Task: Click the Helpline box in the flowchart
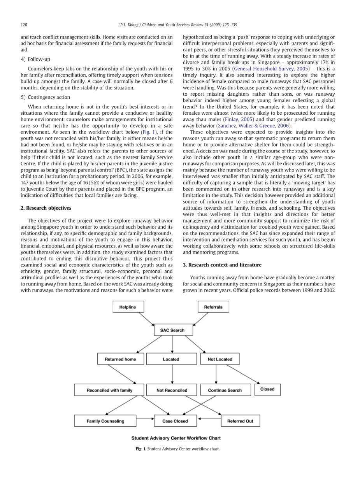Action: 128,307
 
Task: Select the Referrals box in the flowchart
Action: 213,307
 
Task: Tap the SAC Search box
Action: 172,330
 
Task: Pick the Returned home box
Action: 120,359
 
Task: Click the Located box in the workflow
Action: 171,359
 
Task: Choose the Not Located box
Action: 220,359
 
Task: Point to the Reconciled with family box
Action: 109,390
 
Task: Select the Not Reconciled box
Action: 171,390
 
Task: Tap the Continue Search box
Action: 225,390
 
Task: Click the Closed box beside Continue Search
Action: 267,389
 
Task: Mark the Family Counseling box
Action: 105,421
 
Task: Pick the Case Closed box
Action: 175,421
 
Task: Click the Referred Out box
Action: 240,421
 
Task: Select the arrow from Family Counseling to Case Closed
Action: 145,419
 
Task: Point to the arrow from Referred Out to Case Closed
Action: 209,419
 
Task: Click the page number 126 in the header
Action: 24,25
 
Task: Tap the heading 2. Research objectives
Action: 46,208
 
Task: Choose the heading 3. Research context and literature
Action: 222,265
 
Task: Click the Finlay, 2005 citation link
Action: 239,119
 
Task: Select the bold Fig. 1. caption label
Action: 141,449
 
